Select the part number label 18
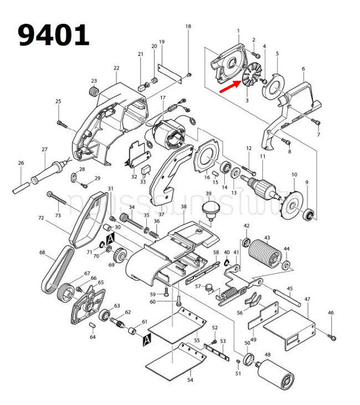188,27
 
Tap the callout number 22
116,68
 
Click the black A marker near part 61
147,338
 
